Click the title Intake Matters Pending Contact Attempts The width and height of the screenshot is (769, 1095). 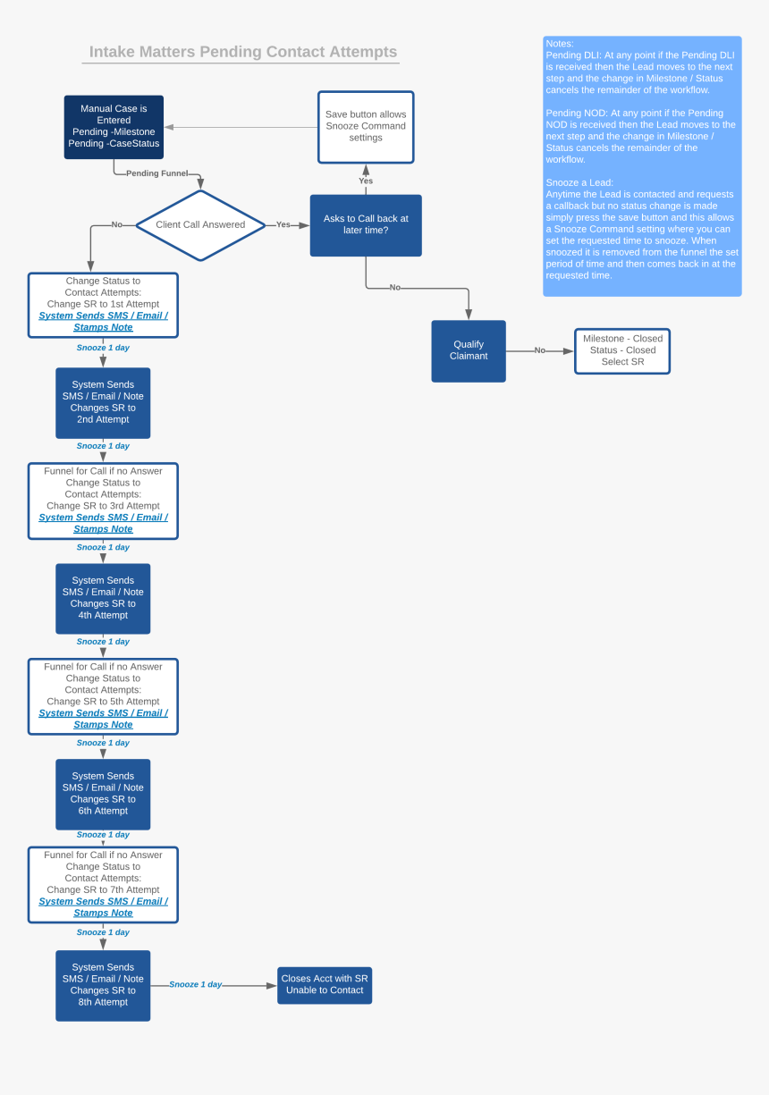click(243, 52)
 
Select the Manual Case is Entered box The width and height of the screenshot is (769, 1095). click(114, 127)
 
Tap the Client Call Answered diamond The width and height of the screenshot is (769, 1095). click(200, 225)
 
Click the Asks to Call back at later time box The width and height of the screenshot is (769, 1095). click(366, 225)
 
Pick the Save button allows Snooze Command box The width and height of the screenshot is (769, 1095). click(366, 127)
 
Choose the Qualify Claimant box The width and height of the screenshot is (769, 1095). click(469, 350)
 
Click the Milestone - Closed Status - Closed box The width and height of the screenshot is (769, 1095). click(622, 350)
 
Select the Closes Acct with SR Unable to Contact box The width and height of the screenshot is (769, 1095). click(325, 985)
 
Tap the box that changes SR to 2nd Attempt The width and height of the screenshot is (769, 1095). click(103, 403)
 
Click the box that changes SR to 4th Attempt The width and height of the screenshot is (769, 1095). click(103, 599)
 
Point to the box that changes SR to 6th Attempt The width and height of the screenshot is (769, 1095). click(103, 795)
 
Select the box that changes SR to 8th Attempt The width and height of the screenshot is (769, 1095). click(103, 985)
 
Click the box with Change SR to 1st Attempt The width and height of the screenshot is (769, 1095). click(103, 305)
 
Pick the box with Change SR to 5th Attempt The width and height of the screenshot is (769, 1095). click(103, 696)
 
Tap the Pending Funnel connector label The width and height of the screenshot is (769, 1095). click(156, 173)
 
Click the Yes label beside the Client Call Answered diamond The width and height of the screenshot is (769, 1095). click(283, 225)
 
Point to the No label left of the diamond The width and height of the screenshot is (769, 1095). click(116, 225)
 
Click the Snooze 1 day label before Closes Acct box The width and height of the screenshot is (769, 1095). click(196, 985)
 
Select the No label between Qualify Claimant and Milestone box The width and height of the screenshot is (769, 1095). click(540, 350)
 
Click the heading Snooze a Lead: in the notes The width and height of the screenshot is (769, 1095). click(579, 182)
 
